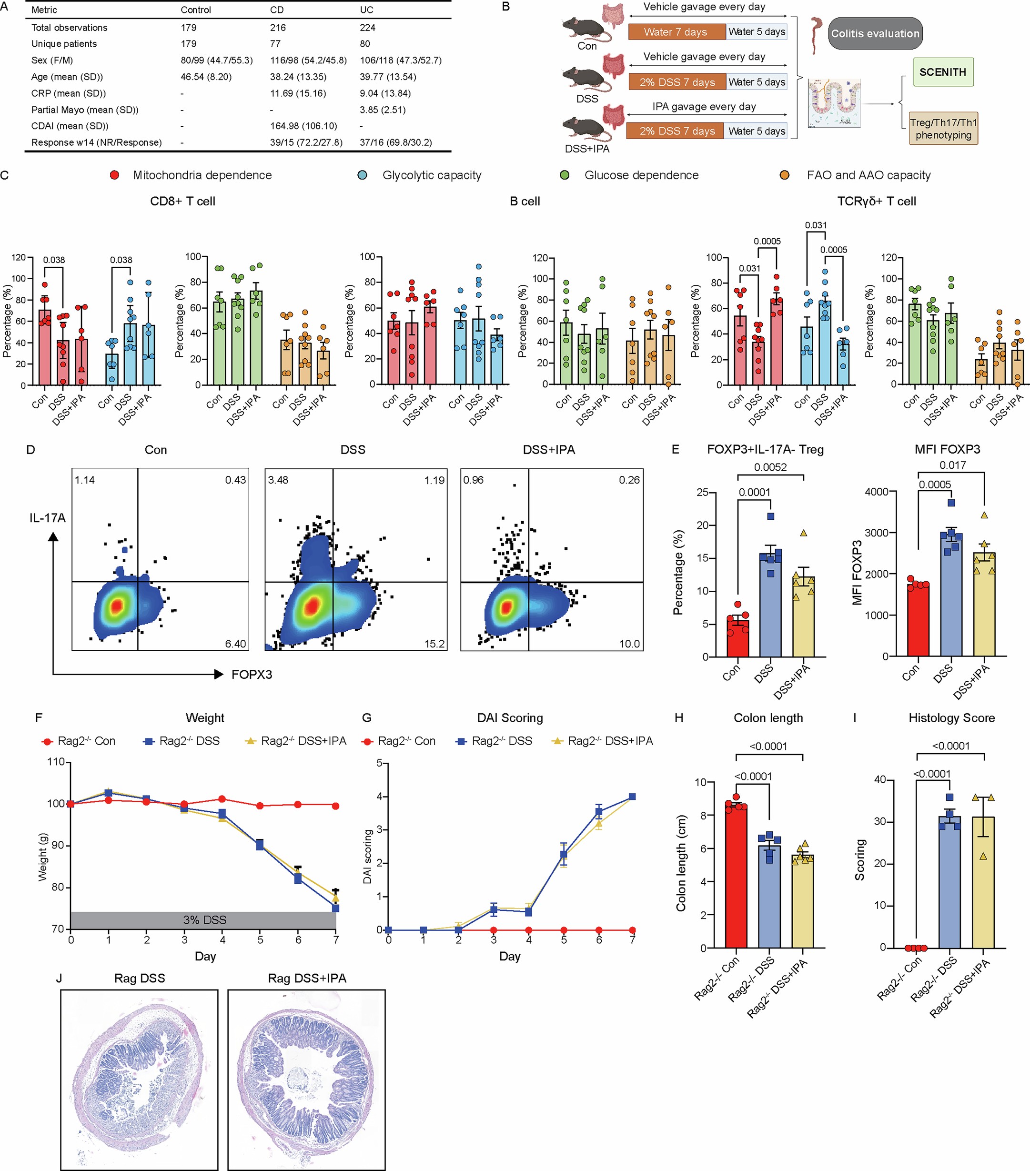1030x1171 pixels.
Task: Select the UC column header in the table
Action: click(367, 10)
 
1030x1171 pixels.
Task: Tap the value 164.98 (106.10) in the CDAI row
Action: click(303, 125)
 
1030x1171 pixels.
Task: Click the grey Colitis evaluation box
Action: click(875, 33)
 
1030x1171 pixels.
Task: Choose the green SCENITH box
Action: click(942, 72)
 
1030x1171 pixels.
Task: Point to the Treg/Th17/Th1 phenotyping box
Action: click(943, 128)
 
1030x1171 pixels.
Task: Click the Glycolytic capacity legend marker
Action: click(362, 175)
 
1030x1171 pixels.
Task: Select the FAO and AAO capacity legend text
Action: click(868, 175)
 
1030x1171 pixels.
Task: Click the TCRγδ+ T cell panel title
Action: click(876, 201)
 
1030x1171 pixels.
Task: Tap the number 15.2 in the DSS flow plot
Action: click(434, 643)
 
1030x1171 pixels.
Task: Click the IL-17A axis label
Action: click(48, 518)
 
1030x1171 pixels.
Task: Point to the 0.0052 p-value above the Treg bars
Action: click(770, 467)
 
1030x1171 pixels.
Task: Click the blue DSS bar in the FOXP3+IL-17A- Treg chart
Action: click(770, 607)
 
